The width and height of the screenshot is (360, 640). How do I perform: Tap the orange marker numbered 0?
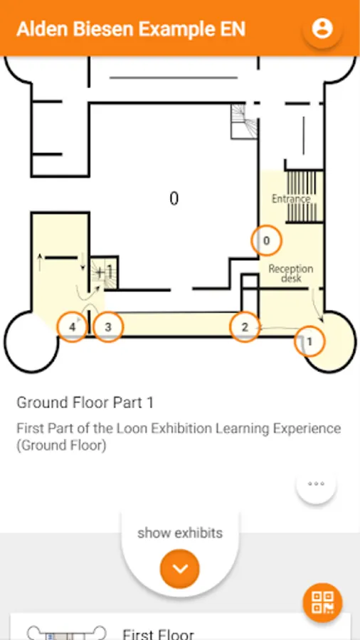pyautogui.click(x=266, y=240)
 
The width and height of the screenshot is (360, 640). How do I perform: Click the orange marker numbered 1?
pyautogui.click(x=309, y=341)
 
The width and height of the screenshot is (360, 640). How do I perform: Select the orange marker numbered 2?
pyautogui.click(x=245, y=327)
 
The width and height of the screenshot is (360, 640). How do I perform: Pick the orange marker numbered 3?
pyautogui.click(x=107, y=327)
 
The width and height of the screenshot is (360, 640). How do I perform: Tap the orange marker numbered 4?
pyautogui.click(x=73, y=327)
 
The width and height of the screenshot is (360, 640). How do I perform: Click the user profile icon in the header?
pyautogui.click(x=322, y=28)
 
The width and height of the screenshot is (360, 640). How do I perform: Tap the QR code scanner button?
pyautogui.click(x=322, y=602)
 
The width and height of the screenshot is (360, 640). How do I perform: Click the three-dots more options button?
pyautogui.click(x=317, y=484)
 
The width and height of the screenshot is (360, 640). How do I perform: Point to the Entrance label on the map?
pyautogui.click(x=291, y=199)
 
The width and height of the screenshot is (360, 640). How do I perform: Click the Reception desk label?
pyautogui.click(x=291, y=274)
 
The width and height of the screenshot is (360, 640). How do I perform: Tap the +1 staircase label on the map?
pyautogui.click(x=104, y=272)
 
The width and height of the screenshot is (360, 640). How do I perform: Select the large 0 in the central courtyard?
pyautogui.click(x=174, y=199)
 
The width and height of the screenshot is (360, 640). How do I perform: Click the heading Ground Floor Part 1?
pyautogui.click(x=85, y=402)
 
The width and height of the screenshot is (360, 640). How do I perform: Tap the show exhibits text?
pyautogui.click(x=180, y=533)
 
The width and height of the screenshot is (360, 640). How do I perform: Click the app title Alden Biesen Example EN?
pyautogui.click(x=131, y=29)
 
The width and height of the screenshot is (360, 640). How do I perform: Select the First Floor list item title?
pyautogui.click(x=158, y=634)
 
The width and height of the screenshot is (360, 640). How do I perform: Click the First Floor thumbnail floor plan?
pyautogui.click(x=67, y=633)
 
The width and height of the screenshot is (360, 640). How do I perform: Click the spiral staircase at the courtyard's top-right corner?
pyautogui.click(x=243, y=121)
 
